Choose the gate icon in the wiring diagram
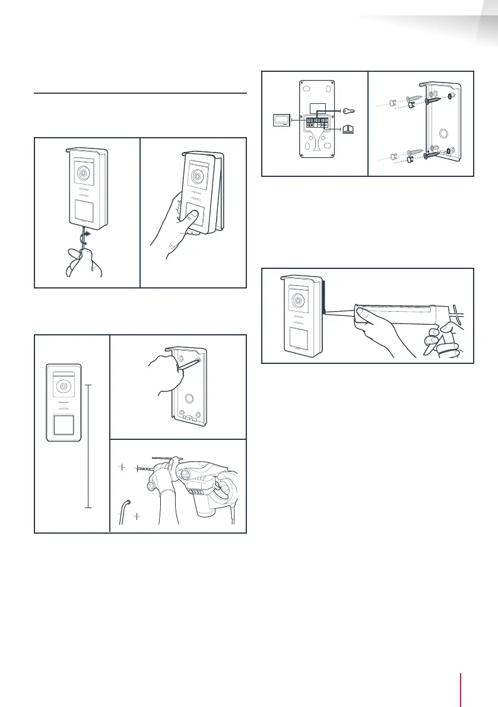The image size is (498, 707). (x=349, y=128)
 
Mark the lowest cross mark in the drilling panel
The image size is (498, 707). (x=137, y=516)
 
